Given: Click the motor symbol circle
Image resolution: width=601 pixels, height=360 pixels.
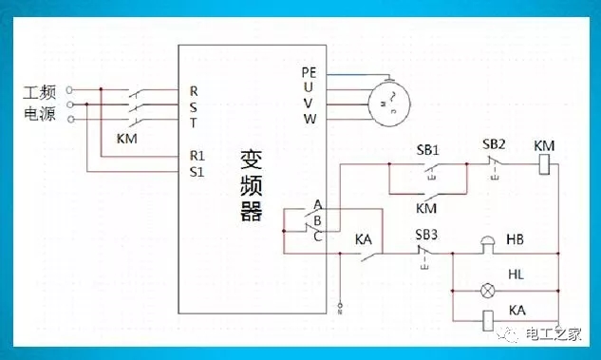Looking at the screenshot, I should click(x=386, y=98).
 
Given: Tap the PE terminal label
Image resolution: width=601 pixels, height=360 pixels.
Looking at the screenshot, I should click(x=308, y=72).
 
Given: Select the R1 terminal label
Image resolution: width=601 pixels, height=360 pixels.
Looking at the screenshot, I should click(x=197, y=154).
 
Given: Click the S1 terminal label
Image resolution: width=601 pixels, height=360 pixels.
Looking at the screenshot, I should click(x=197, y=171).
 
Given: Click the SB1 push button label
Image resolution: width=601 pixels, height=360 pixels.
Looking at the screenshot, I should click(x=428, y=150).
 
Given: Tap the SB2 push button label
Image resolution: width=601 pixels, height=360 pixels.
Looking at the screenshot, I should click(x=494, y=144).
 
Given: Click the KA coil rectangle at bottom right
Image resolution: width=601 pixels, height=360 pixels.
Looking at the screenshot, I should click(x=490, y=321).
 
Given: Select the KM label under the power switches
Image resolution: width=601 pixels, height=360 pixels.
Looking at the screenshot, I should click(x=127, y=139).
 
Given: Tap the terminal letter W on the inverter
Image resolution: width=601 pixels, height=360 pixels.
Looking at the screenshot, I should click(x=310, y=119).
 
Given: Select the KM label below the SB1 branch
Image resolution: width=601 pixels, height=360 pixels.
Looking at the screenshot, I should click(x=426, y=207).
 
